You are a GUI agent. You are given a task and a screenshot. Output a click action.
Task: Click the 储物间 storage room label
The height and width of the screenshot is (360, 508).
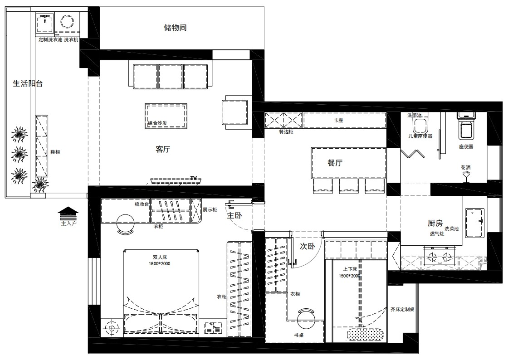click(x=175, y=28)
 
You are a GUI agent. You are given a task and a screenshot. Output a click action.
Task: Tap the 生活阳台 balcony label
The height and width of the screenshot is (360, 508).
click(x=28, y=83)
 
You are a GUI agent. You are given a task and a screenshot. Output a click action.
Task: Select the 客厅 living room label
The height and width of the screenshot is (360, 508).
click(x=163, y=149)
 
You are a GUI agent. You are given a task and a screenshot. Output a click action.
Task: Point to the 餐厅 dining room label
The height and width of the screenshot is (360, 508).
click(x=335, y=162)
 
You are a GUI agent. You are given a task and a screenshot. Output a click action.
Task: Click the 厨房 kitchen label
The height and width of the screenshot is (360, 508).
click(x=435, y=223)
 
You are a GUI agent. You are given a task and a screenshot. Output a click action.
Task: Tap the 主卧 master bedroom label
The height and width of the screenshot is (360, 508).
click(x=234, y=215)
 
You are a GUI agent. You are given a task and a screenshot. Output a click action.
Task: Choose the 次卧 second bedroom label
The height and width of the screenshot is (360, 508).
click(x=308, y=246)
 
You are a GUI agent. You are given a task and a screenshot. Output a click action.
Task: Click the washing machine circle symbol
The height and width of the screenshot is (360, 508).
click(x=68, y=22)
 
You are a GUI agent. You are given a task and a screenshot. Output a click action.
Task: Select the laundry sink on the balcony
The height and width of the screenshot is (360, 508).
click(x=45, y=23)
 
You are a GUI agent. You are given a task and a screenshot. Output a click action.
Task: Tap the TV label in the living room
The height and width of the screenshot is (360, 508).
click(x=194, y=178)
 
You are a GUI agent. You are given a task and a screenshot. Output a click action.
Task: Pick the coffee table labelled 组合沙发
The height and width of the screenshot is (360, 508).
click(x=166, y=116)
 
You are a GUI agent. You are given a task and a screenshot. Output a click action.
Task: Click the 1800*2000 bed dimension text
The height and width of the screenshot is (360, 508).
click(x=159, y=263)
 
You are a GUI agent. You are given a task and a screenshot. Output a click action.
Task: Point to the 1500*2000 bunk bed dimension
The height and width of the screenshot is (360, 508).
click(x=349, y=276)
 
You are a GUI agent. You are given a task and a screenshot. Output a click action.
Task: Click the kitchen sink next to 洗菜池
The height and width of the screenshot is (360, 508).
click(x=474, y=223)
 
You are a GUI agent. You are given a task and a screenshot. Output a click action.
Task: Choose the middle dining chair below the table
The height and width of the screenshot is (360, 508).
click(x=349, y=186)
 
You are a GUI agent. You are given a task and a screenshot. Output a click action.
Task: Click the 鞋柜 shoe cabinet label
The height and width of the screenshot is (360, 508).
click(x=55, y=152)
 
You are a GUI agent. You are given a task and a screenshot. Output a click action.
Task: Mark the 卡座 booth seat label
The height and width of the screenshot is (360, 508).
click(x=338, y=120)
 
